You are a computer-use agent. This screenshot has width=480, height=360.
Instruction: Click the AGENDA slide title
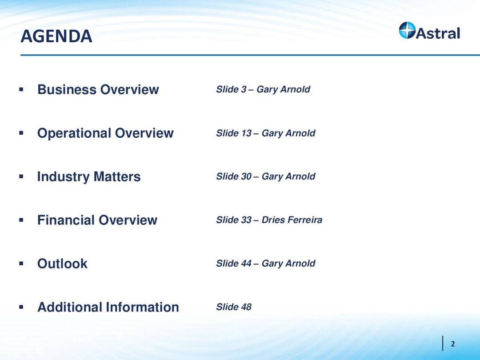coord(56,36)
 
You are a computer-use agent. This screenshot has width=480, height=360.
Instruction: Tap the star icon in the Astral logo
coord(407,31)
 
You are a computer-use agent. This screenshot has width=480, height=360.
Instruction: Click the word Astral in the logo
coord(438,32)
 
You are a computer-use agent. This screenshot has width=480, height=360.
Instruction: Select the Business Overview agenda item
coord(98,89)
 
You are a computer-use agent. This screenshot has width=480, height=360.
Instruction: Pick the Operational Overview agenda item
coord(105,133)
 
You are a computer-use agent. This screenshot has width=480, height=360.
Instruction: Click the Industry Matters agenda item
coord(89,176)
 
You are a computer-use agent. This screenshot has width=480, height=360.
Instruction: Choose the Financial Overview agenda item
coord(97,220)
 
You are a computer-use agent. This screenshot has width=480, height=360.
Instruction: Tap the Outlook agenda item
coord(62,264)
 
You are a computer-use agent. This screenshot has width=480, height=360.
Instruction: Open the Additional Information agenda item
coord(108,307)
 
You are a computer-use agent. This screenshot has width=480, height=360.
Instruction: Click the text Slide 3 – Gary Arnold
coord(263,89)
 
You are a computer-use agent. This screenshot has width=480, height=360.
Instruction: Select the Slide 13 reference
coord(234,133)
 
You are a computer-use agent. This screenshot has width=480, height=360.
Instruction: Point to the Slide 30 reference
coord(234,176)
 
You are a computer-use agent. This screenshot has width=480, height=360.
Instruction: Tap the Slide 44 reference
coord(234,264)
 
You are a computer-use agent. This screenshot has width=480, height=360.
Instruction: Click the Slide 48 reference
coord(234,307)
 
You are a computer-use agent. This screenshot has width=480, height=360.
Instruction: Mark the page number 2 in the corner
coord(453,344)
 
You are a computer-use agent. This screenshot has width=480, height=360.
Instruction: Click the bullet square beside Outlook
coord(21,264)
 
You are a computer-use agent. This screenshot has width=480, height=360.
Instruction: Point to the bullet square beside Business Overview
coord(21,89)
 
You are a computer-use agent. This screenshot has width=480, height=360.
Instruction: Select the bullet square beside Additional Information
coord(21,307)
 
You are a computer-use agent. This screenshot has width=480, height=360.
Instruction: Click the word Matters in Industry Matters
coord(116,176)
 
